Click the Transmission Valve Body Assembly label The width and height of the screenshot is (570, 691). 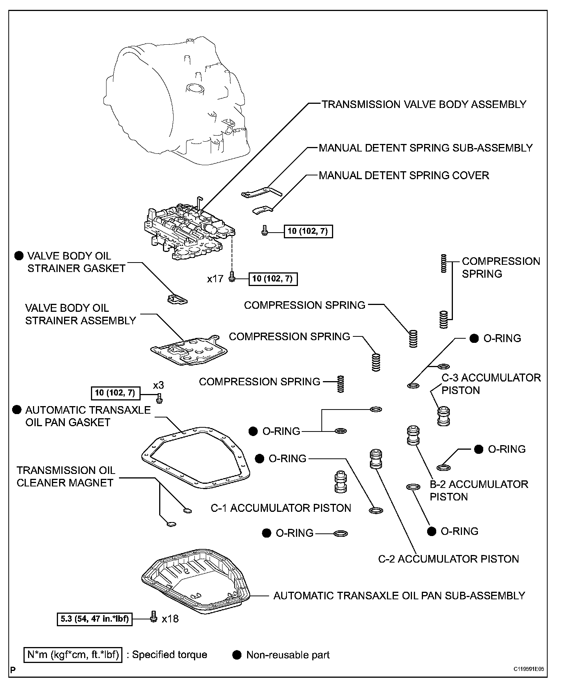click(424, 104)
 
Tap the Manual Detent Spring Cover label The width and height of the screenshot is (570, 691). click(404, 175)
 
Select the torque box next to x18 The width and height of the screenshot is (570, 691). click(94, 619)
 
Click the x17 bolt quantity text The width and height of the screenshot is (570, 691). click(215, 279)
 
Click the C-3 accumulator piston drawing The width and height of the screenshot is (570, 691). click(443, 416)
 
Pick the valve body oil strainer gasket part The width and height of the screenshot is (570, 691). click(177, 299)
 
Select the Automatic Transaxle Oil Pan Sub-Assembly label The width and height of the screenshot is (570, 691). click(399, 596)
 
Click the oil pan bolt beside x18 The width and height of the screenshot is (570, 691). click(153, 616)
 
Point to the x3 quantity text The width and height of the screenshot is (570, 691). click(158, 385)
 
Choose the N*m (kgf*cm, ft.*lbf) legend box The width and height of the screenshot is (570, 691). click(73, 655)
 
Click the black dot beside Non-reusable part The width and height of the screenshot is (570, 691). click(237, 655)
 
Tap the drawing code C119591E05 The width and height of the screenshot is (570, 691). click(529, 669)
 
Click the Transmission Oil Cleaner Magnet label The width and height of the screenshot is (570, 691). click(65, 477)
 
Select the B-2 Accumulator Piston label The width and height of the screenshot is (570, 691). click(479, 490)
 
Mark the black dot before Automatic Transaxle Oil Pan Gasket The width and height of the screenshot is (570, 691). click(17, 410)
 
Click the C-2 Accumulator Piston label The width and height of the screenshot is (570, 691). click(448, 559)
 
